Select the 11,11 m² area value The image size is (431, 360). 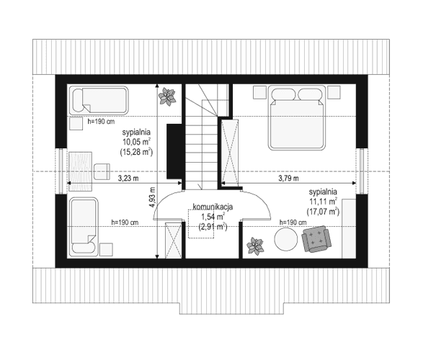[x=324, y=202]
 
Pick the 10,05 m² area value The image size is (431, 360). [x=135, y=142]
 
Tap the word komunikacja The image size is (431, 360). [x=211, y=207]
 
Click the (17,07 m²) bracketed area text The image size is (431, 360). [x=324, y=212]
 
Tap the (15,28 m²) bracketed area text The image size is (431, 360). [x=135, y=152]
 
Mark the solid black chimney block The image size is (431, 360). [x=173, y=152]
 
